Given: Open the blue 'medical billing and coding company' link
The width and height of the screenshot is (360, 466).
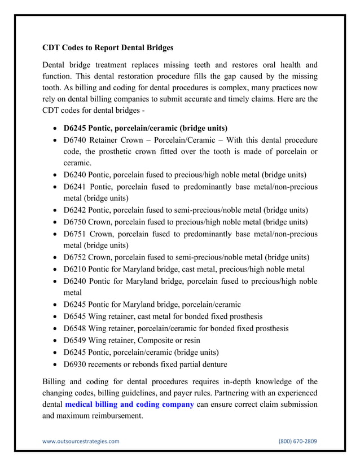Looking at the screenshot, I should [129, 405].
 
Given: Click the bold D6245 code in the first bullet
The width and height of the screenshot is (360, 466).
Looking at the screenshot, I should [76, 128].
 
